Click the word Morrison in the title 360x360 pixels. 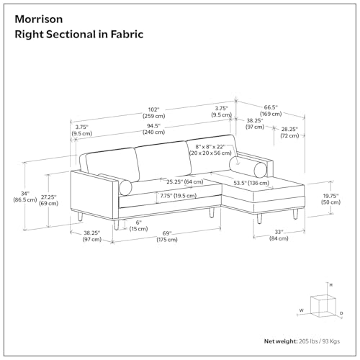(x=39, y=19)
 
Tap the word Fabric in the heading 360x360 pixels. (x=127, y=35)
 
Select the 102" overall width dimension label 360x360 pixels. (x=154, y=113)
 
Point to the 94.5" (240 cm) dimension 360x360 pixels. (x=154, y=129)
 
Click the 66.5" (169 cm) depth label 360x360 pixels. (x=271, y=111)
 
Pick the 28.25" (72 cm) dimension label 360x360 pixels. (x=289, y=132)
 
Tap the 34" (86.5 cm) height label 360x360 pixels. (x=25, y=197)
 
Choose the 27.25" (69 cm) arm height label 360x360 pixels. (x=49, y=200)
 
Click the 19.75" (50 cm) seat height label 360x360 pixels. (x=330, y=199)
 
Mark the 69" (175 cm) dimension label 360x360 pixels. (x=167, y=236)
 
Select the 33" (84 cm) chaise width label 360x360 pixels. (x=279, y=235)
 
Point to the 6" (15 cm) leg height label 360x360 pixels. (x=138, y=225)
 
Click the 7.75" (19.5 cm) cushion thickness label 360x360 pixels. (x=179, y=196)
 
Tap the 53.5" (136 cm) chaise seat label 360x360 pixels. (x=251, y=183)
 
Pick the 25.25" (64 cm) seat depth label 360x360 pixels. (x=185, y=181)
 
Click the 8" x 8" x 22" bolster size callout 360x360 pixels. (x=210, y=150)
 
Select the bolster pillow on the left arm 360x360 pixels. (x=125, y=187)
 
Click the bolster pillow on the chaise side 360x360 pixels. (x=248, y=166)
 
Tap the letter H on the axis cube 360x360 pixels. (x=330, y=285)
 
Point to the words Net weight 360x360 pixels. (x=281, y=341)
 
